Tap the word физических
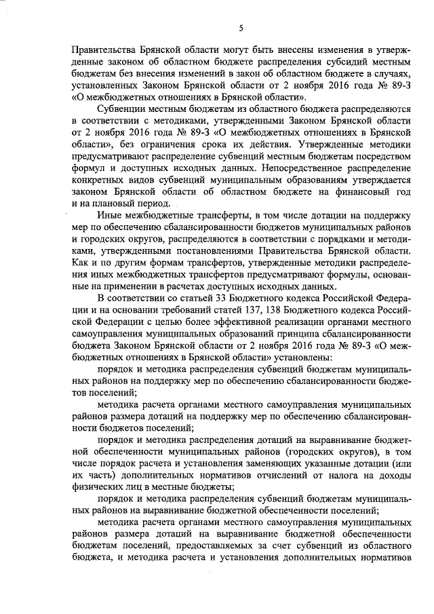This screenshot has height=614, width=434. pos(96,488)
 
